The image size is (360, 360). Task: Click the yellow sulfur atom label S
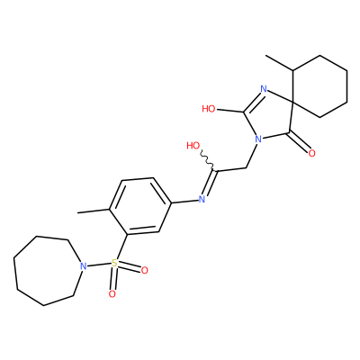pyautogui.click(x=114, y=264)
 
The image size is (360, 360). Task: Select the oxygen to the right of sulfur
pyautogui.click(x=144, y=271)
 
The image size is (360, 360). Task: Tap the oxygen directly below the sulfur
pyautogui.click(x=112, y=294)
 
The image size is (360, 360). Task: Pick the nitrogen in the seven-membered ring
pyautogui.click(x=84, y=265)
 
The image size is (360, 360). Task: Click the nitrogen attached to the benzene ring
pyautogui.click(x=202, y=199)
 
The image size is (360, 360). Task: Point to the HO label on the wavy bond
pyautogui.click(x=193, y=146)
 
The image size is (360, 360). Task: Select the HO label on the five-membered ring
pyautogui.click(x=209, y=109)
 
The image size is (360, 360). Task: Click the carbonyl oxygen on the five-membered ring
pyautogui.click(x=311, y=154)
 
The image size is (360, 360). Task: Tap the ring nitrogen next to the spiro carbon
pyautogui.click(x=264, y=89)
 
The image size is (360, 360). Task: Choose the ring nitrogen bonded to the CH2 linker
pyautogui.click(x=257, y=139)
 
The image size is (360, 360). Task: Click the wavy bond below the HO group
pyautogui.click(x=207, y=161)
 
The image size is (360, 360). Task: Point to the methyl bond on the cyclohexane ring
pyautogui.click(x=280, y=63)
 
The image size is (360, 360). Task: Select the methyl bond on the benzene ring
pyautogui.click(x=94, y=211)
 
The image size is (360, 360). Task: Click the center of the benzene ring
pyautogui.click(x=140, y=206)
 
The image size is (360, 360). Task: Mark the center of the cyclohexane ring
pyautogui.click(x=320, y=86)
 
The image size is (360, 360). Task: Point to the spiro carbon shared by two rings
pyautogui.click(x=292, y=103)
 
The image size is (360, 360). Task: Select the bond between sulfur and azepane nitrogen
pyautogui.click(x=99, y=265)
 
